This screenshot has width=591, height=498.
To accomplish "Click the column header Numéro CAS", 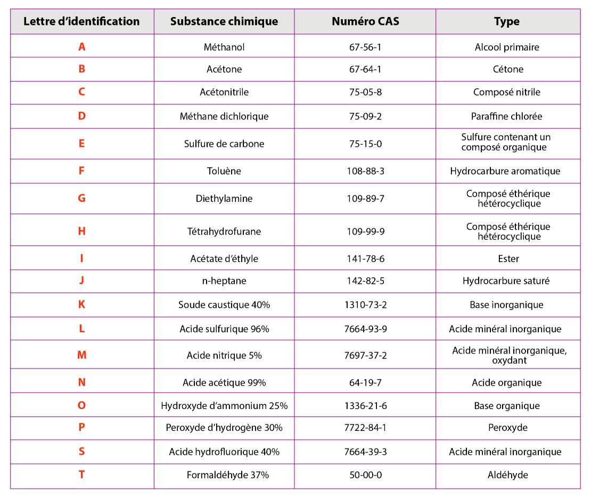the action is [365, 21].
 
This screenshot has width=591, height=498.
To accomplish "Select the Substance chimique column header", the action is [224, 21].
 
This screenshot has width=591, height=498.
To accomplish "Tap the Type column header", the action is [506, 22].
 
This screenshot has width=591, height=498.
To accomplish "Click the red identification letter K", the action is [81, 305].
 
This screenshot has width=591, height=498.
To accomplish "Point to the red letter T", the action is [81, 475].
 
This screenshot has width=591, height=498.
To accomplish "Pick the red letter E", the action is [81, 144].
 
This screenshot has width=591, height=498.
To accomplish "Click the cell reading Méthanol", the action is [224, 47].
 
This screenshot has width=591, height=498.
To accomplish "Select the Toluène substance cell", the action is [224, 171].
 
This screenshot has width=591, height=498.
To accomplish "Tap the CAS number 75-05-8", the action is [365, 92].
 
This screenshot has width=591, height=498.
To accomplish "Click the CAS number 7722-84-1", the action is [365, 428].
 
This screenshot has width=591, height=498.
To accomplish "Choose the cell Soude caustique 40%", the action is [224, 305].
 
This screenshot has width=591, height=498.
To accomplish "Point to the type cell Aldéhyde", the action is [508, 475].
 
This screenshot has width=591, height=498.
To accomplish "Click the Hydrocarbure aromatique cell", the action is [505, 172].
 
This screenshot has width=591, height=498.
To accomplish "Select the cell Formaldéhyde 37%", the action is [228, 475].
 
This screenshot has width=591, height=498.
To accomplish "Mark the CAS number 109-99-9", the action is [366, 232].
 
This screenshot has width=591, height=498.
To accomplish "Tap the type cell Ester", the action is [508, 259].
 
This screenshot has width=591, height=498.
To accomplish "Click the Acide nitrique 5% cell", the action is [224, 355].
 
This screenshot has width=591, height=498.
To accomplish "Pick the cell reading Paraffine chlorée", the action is [506, 117].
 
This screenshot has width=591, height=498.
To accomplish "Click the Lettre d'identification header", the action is [81, 21].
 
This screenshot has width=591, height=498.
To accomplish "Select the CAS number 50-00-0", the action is [366, 475].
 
